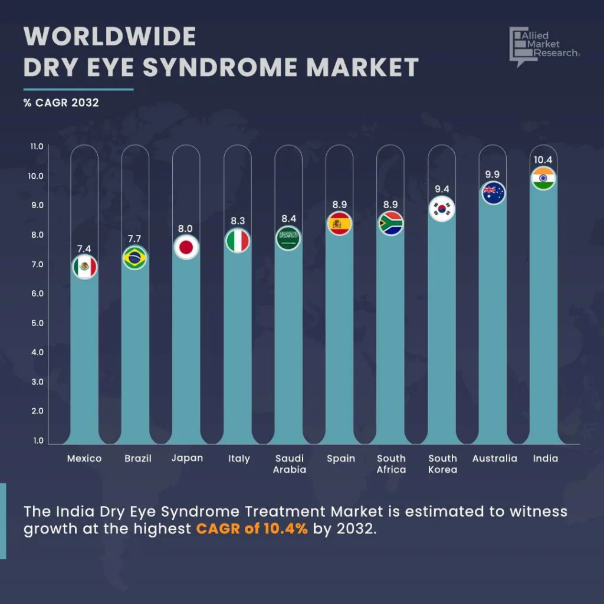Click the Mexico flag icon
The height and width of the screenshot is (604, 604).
pyautogui.click(x=84, y=267)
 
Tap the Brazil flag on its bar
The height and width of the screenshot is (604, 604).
pyautogui.click(x=135, y=258)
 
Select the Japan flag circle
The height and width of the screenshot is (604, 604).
pyautogui.click(x=186, y=248)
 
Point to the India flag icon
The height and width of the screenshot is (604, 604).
pyautogui.click(x=543, y=178)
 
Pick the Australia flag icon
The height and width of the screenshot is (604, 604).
pyautogui.click(x=493, y=193)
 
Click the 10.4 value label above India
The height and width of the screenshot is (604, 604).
pyautogui.click(x=543, y=160)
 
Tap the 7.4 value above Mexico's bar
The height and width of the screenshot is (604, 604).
pyautogui.click(x=84, y=248)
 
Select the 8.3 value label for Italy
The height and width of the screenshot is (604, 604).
pyautogui.click(x=238, y=221)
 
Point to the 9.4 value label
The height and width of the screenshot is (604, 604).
pyautogui.click(x=442, y=189)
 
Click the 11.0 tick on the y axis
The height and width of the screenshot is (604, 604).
pyautogui.click(x=37, y=146)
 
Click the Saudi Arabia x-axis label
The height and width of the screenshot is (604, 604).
pyautogui.click(x=289, y=464)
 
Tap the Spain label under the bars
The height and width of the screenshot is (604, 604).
pyautogui.click(x=340, y=458)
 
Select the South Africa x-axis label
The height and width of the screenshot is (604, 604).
pyautogui.click(x=391, y=464)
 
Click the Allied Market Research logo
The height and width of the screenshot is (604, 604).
pyautogui.click(x=544, y=45)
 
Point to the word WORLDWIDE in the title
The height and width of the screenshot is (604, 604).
pyautogui.click(x=110, y=37)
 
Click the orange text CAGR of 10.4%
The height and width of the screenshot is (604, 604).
pyautogui.click(x=252, y=528)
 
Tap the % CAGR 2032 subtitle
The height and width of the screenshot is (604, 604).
pyautogui.click(x=61, y=103)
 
